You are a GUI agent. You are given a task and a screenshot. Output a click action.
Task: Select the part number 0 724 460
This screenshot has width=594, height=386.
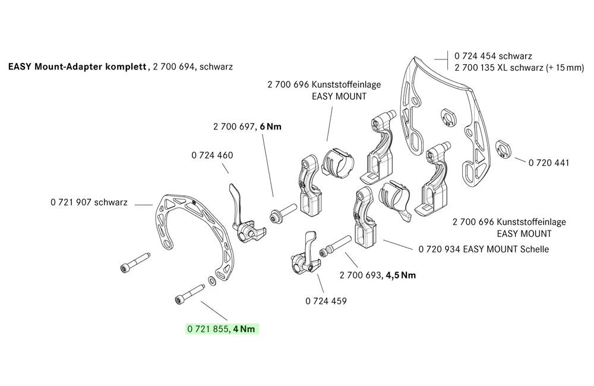click(x=212, y=156)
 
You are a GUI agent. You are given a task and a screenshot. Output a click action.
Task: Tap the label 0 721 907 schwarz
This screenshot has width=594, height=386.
click(x=89, y=203)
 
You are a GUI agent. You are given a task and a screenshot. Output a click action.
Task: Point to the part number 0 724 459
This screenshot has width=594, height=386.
click(x=326, y=301)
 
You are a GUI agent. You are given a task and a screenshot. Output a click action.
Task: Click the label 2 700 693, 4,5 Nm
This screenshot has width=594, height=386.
click(x=378, y=275)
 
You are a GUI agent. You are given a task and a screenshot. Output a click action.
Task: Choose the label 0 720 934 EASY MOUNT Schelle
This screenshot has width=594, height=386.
click(x=484, y=249)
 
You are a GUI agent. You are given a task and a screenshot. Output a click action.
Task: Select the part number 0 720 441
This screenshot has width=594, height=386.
click(x=548, y=162)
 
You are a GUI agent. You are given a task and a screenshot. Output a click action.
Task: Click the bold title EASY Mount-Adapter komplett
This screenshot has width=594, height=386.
click(x=77, y=67)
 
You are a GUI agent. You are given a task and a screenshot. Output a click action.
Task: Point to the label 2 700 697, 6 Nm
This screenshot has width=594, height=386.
click(x=247, y=126)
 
